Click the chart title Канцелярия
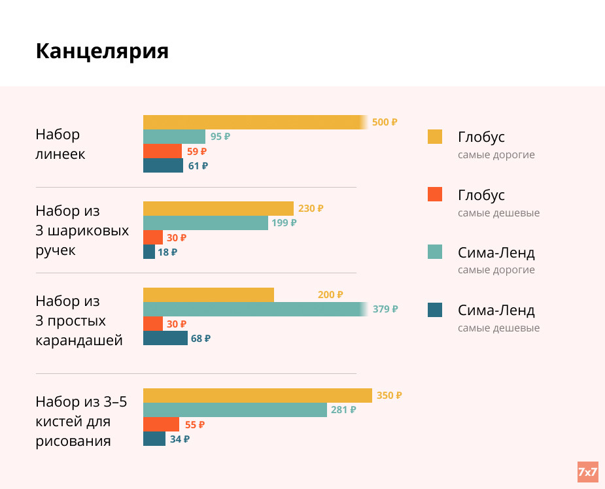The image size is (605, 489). click(x=102, y=51)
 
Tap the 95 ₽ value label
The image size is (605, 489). click(x=220, y=137)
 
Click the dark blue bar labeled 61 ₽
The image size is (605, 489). click(x=163, y=165)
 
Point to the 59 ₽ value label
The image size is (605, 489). click(x=197, y=151)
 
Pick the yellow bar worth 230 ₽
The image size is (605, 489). click(x=218, y=209)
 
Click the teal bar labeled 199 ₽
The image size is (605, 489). click(x=205, y=223)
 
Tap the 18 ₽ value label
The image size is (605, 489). click(x=167, y=252)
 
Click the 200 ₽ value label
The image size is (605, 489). click(x=330, y=295)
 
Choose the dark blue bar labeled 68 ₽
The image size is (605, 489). click(x=165, y=338)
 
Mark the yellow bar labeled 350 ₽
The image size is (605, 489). click(x=257, y=396)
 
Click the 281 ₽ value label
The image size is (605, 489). click(x=343, y=410)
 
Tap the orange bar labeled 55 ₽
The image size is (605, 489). click(x=161, y=424)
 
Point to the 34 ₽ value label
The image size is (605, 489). click(x=180, y=439)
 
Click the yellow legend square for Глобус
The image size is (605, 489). click(x=435, y=137)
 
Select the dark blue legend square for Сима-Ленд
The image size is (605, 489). click(x=435, y=310)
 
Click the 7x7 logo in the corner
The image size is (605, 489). click(x=587, y=471)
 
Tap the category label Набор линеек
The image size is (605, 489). click(x=60, y=144)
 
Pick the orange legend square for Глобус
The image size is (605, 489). click(x=435, y=194)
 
